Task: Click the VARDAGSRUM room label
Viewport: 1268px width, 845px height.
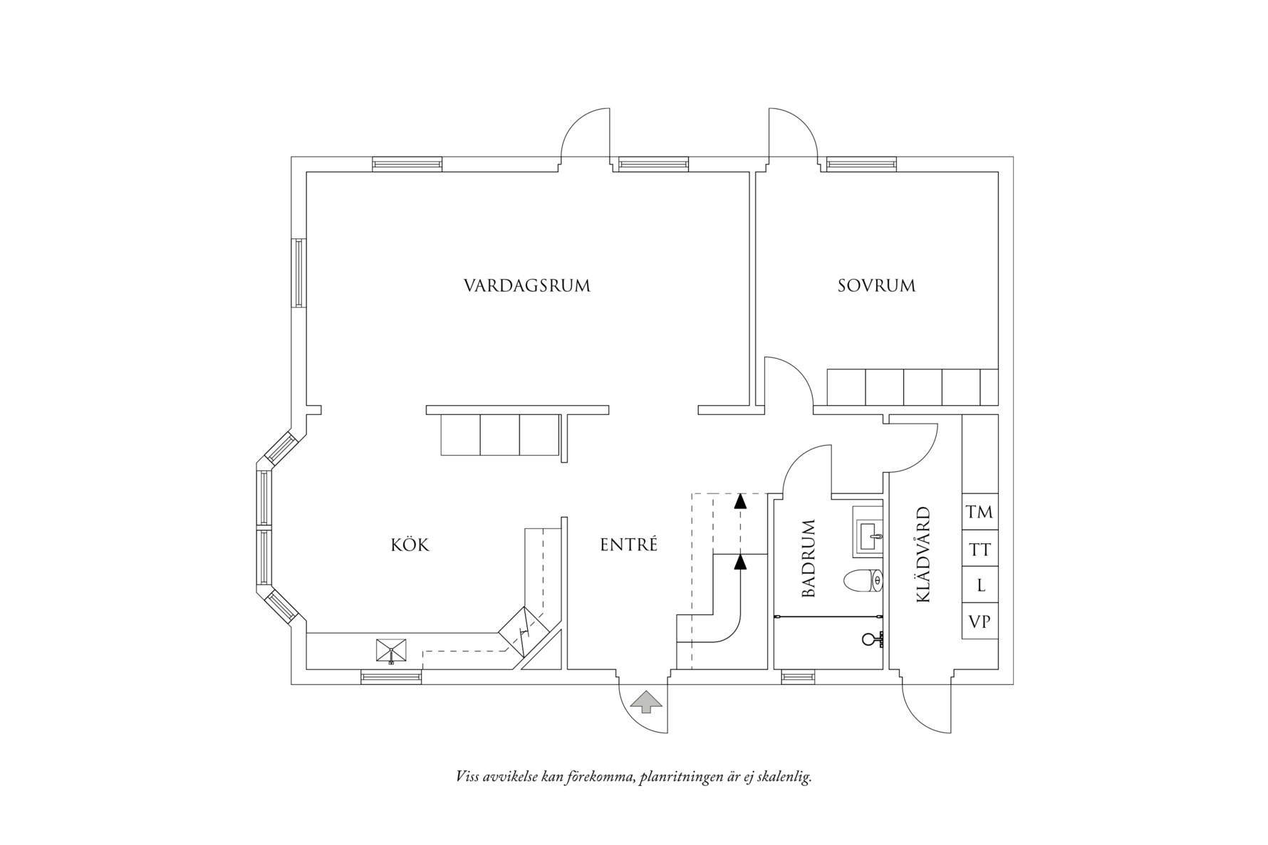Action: point(527,286)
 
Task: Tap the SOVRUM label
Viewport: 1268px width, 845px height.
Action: point(876,286)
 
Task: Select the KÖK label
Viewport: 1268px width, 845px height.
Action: point(410,545)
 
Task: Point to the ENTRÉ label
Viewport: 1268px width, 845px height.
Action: point(628,545)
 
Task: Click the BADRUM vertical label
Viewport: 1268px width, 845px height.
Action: point(808,559)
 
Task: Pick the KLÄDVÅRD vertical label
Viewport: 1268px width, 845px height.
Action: point(923,555)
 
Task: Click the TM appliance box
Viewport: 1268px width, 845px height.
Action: point(979,512)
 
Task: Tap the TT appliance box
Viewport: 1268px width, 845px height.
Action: point(979,550)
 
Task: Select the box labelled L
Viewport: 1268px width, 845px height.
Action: point(979,586)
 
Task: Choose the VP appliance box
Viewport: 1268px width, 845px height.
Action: point(979,621)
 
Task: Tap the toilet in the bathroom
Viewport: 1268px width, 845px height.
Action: point(862,582)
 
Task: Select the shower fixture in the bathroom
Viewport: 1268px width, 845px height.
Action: point(872,639)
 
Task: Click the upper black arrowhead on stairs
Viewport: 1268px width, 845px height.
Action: point(741,500)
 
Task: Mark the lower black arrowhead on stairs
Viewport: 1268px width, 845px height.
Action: point(741,563)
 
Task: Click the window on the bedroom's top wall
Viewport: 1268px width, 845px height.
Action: point(861,164)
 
